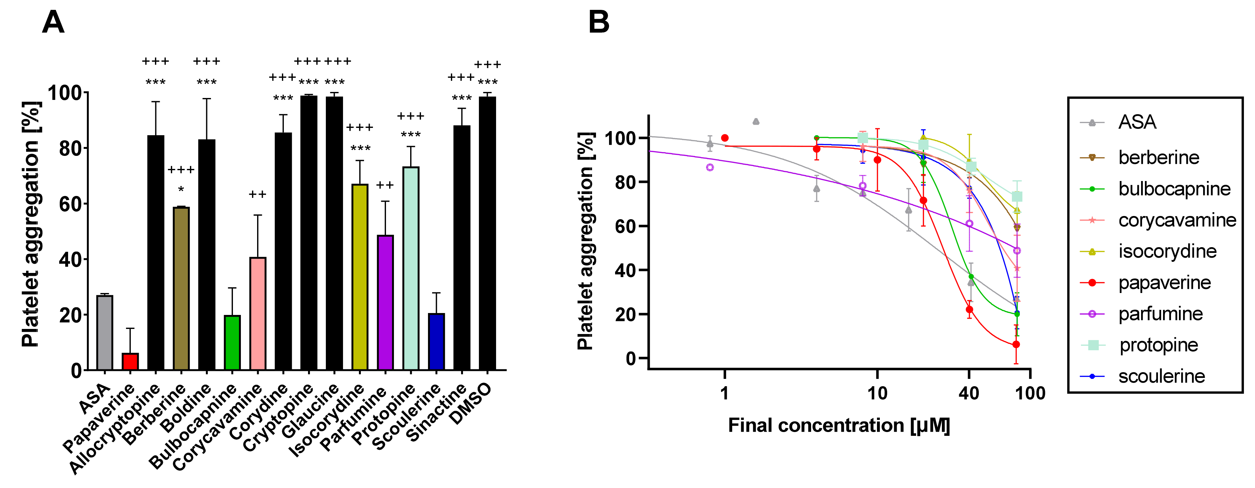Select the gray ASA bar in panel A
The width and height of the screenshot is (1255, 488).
(x=105, y=333)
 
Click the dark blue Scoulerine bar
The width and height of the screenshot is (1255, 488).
(x=437, y=341)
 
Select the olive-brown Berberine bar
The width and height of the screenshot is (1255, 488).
(x=181, y=288)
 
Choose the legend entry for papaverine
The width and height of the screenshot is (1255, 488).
(x=1164, y=283)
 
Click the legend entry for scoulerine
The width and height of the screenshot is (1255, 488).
(x=1161, y=376)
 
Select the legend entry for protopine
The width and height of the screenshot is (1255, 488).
(x=1159, y=345)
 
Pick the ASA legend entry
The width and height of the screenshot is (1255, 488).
(x=1137, y=122)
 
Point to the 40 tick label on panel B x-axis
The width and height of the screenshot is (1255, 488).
(x=969, y=393)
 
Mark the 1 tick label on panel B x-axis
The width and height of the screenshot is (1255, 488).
(x=725, y=393)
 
